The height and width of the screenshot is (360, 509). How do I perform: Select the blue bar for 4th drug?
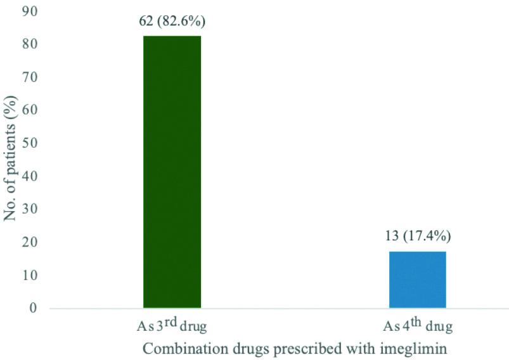point(418,280)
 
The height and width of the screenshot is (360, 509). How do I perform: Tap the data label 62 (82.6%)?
point(172,21)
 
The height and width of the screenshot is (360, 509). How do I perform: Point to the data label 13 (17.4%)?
point(418,237)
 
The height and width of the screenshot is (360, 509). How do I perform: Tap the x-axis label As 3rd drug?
point(171,326)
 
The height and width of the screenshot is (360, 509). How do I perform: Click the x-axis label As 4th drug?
point(418,326)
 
